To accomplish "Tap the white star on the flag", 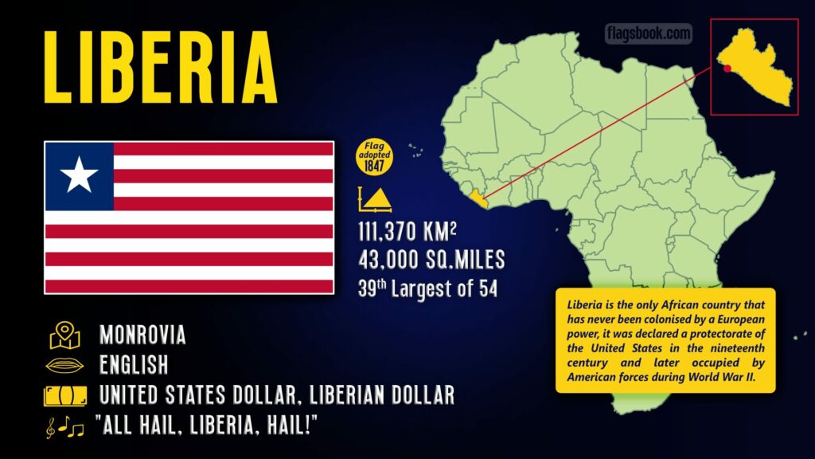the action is (79, 175).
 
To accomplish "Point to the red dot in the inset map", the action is (727, 69).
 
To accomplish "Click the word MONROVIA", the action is (142, 335).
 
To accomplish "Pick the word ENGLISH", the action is (134, 365).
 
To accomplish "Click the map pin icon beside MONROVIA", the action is (64, 335).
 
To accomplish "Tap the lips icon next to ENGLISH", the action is (64, 366).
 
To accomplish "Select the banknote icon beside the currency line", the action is (64, 395).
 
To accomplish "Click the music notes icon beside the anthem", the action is (64, 426).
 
